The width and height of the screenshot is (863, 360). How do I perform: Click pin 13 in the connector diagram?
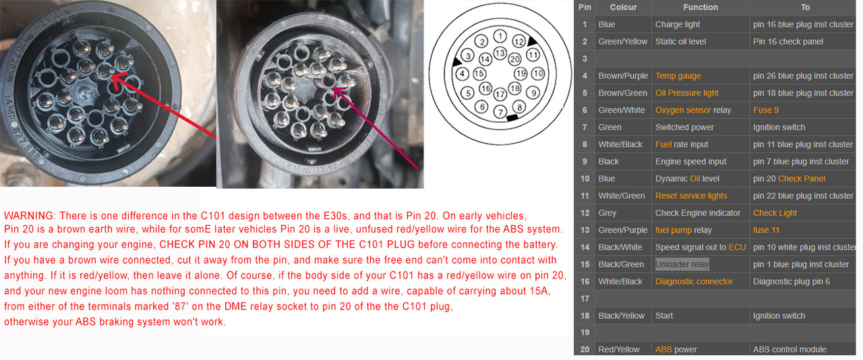click(500, 53)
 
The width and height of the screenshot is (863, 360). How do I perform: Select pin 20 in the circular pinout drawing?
click(514, 59)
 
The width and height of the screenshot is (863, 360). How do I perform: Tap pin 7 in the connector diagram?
click(500, 112)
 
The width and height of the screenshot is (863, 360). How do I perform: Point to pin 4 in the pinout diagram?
click(462, 73)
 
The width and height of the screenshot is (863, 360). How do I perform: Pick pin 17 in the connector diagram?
click(500, 94)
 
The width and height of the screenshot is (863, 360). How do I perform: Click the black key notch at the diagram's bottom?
click(512, 117)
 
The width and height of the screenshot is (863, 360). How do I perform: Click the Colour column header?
click(623, 7)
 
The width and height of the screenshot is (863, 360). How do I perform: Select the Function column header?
click(701, 7)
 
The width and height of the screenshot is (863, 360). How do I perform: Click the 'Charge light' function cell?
click(678, 24)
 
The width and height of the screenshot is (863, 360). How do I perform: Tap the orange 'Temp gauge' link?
click(678, 76)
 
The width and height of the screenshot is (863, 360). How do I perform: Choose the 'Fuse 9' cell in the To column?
click(766, 111)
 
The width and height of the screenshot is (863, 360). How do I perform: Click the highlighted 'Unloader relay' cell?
click(682, 264)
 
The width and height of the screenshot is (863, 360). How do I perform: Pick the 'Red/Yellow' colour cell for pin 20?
click(619, 350)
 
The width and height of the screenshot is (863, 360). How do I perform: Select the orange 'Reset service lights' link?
click(691, 196)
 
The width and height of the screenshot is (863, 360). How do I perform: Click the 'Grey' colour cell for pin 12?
click(607, 213)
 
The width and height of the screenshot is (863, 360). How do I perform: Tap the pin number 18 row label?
click(585, 316)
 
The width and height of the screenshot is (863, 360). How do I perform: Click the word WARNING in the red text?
click(29, 216)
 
